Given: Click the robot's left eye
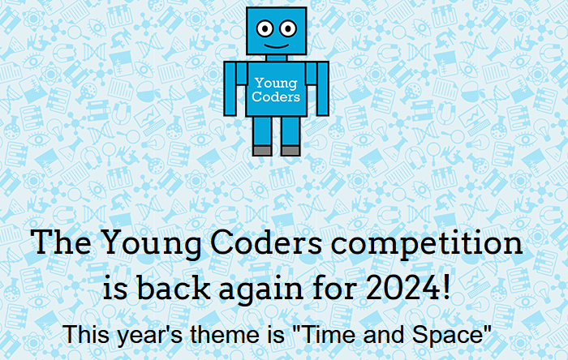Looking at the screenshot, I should click(265, 31).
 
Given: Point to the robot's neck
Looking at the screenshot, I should click(276, 58).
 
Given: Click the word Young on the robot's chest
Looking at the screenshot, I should click(276, 83).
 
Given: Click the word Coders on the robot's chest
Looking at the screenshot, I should click(276, 96).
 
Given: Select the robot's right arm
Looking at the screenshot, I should click(322, 88).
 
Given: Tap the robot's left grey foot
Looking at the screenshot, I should click(262, 150).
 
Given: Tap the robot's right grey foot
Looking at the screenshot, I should click(290, 150).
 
